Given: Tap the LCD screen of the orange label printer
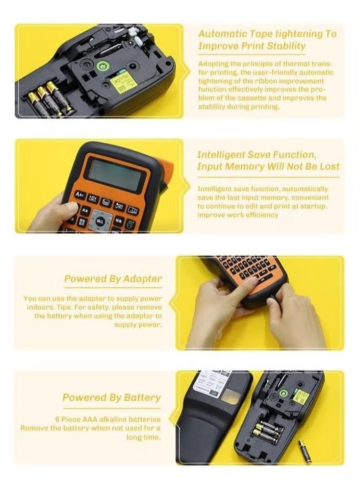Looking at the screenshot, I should (113, 174).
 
